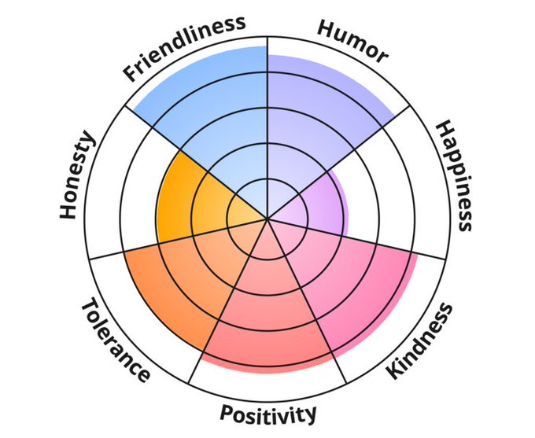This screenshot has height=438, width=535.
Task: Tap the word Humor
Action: (x=352, y=40)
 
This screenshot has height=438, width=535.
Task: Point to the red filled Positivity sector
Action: (x=267, y=330)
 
